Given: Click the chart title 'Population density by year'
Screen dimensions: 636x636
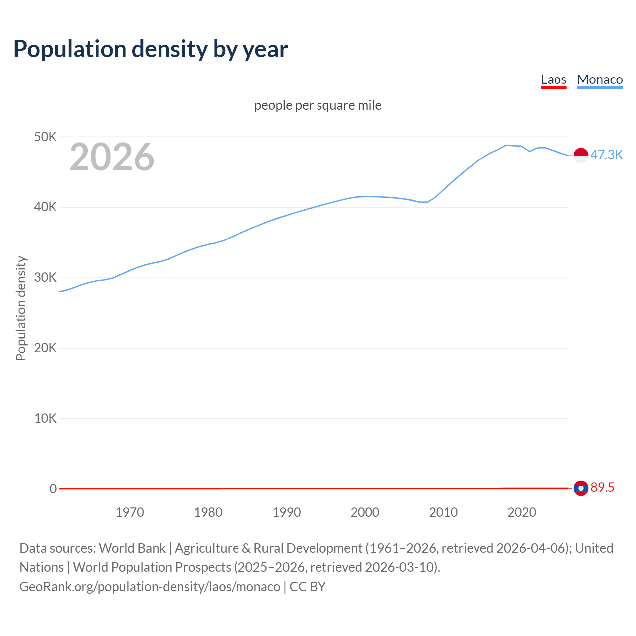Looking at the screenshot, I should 151,49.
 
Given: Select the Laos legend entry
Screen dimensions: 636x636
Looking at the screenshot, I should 554,79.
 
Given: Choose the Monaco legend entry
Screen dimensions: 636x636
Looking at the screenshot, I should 600,79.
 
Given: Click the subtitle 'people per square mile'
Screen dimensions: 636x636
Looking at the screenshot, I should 318,105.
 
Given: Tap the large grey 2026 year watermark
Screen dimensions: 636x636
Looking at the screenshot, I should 112,157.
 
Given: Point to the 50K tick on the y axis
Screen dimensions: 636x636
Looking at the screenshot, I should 45,137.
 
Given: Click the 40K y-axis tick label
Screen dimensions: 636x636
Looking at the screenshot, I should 45,207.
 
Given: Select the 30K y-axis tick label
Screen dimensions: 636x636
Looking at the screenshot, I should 45,278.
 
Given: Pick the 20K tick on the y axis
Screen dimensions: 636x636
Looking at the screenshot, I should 45,348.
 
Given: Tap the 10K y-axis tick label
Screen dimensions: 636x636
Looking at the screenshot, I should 45,418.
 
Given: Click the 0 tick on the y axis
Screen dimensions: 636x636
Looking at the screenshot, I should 53,489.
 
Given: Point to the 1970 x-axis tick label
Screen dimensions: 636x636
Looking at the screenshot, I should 130,512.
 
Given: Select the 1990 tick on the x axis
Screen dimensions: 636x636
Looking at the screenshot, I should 287,512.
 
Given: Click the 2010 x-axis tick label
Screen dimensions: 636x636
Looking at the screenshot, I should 443,512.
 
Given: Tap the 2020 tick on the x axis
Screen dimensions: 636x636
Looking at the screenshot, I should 522,512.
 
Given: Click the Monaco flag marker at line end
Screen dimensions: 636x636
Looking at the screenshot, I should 581,155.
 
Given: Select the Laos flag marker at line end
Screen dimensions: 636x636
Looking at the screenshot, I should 581,488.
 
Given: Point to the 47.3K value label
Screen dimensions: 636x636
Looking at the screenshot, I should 606,155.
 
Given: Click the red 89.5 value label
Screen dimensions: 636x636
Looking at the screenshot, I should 602,487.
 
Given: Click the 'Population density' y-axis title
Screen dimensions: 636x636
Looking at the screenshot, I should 21,308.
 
